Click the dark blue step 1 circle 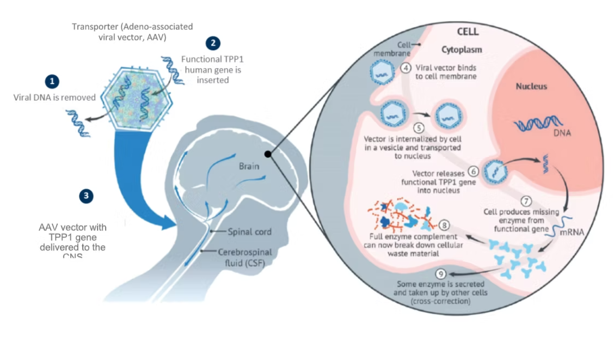point(52,81)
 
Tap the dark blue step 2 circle point(213,43)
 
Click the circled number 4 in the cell point(406,69)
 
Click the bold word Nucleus point(531,86)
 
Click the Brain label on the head point(249,166)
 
